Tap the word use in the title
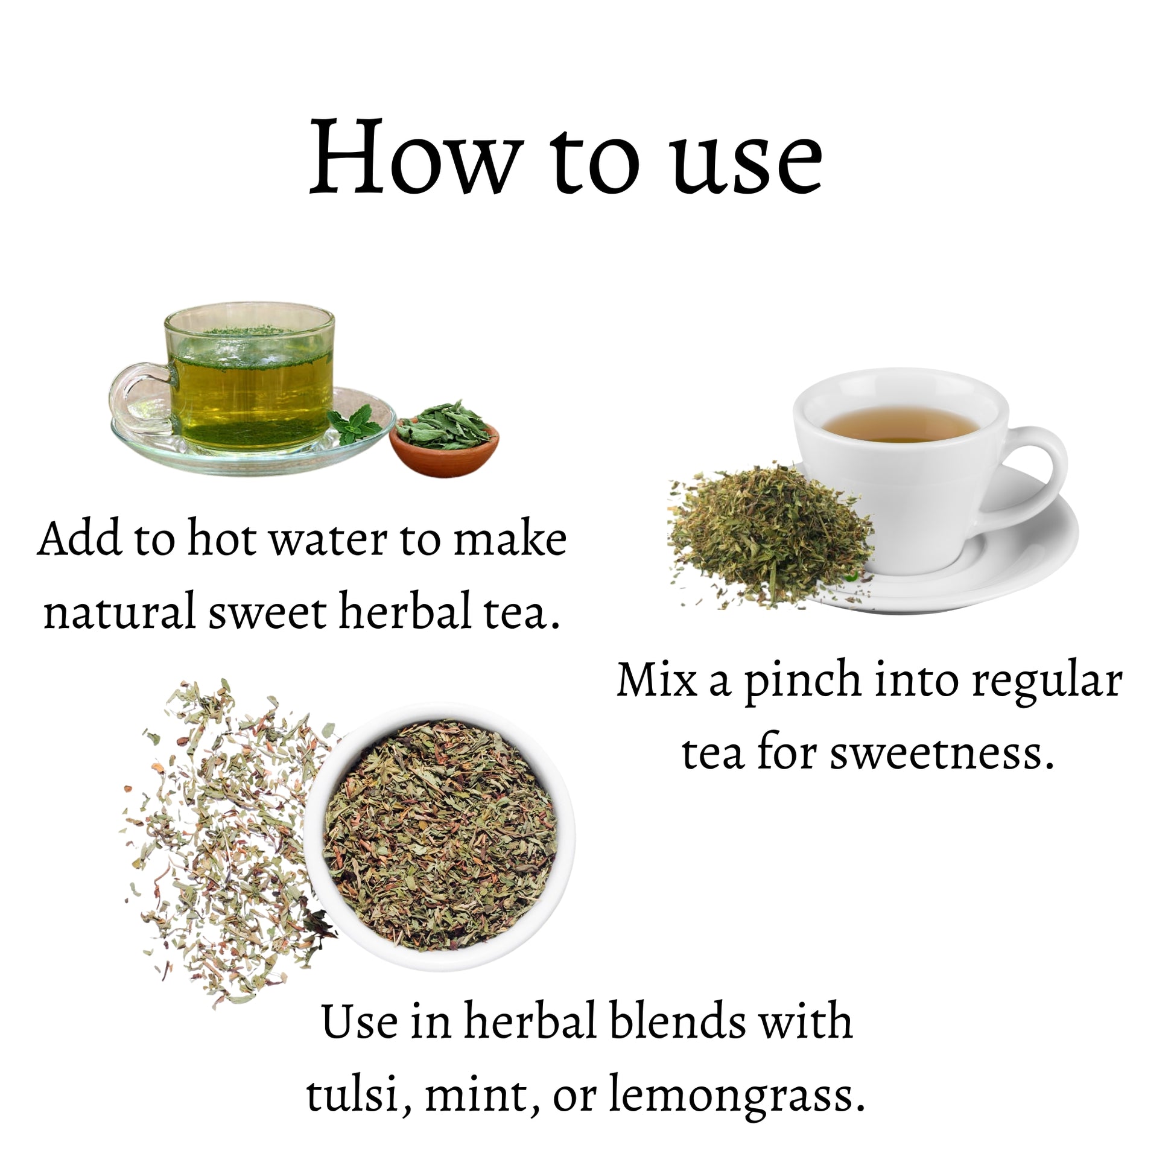pyautogui.click(x=748, y=164)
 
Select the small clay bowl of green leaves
pyautogui.click(x=444, y=439)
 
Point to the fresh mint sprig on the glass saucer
pyautogui.click(x=354, y=425)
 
